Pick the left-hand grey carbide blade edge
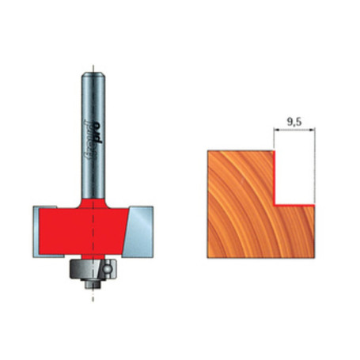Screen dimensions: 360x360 (x=38, y=229)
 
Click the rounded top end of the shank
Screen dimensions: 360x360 (x=93, y=74)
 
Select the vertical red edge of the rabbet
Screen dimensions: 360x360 (x=274, y=177)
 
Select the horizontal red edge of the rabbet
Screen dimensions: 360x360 (x=294, y=204)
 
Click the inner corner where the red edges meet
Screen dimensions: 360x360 (x=275, y=204)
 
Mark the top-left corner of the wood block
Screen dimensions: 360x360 (x=208, y=151)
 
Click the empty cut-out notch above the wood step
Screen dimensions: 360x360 (x=294, y=178)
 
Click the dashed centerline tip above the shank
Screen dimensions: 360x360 (x=93, y=63)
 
